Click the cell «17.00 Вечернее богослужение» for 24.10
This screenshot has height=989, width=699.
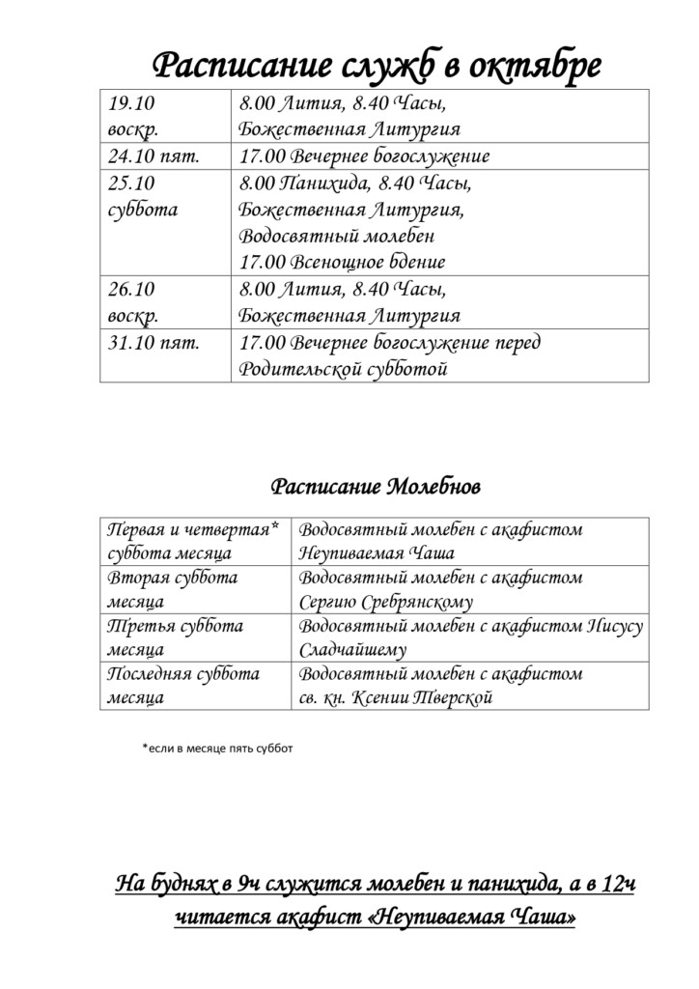(x=364, y=156)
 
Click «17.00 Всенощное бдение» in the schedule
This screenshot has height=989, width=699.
(x=342, y=262)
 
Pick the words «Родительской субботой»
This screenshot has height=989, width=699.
(x=343, y=369)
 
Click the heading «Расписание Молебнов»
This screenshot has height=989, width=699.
(x=375, y=484)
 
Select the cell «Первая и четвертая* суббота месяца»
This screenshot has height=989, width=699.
(x=193, y=541)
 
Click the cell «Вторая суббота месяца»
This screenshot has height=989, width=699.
(x=173, y=589)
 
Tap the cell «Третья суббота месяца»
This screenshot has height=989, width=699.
(x=175, y=637)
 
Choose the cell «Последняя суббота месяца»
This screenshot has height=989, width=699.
(x=182, y=685)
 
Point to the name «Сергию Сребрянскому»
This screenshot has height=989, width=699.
(x=386, y=602)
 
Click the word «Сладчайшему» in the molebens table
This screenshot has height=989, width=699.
(x=353, y=650)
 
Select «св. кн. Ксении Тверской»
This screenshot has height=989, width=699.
(x=396, y=697)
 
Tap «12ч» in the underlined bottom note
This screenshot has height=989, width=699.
(x=616, y=882)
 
